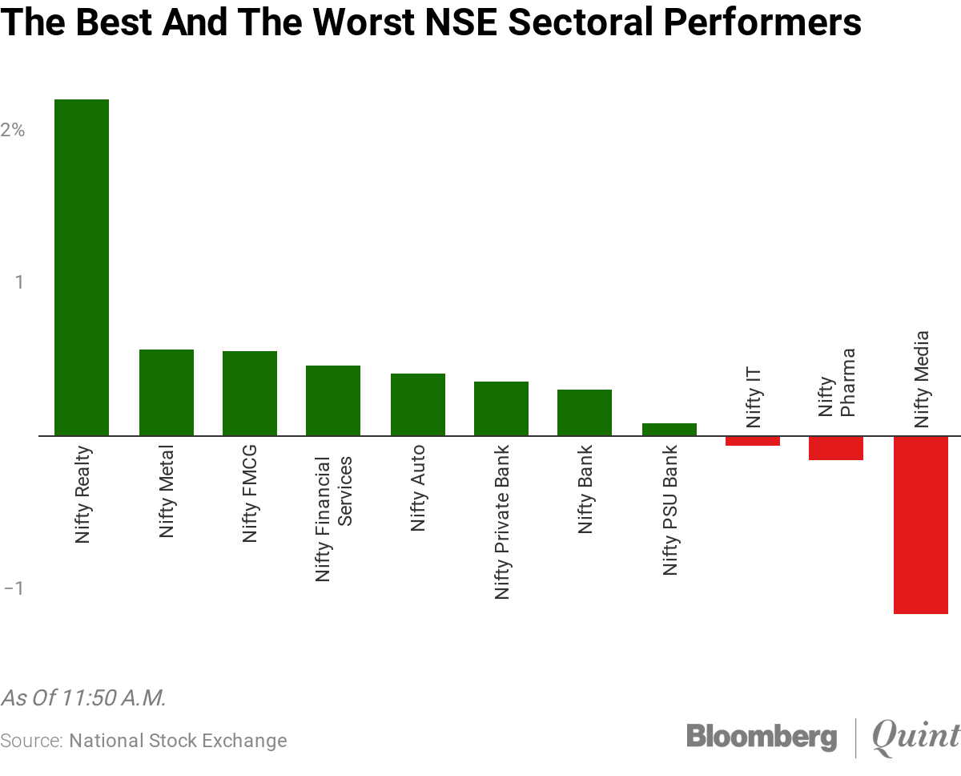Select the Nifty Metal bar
(x=167, y=393)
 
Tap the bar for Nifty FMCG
(x=250, y=394)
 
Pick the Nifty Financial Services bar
(x=333, y=401)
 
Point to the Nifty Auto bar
(x=418, y=405)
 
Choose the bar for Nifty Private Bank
(x=501, y=409)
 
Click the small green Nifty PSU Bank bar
(x=669, y=429)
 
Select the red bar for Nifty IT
(x=753, y=441)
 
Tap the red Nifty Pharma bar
(x=836, y=448)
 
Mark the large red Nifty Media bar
(x=921, y=525)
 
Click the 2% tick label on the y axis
(x=13, y=130)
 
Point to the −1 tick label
(x=13, y=588)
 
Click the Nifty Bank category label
(x=585, y=490)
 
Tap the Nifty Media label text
(x=922, y=378)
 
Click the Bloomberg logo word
(x=762, y=736)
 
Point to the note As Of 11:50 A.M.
(x=83, y=697)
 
